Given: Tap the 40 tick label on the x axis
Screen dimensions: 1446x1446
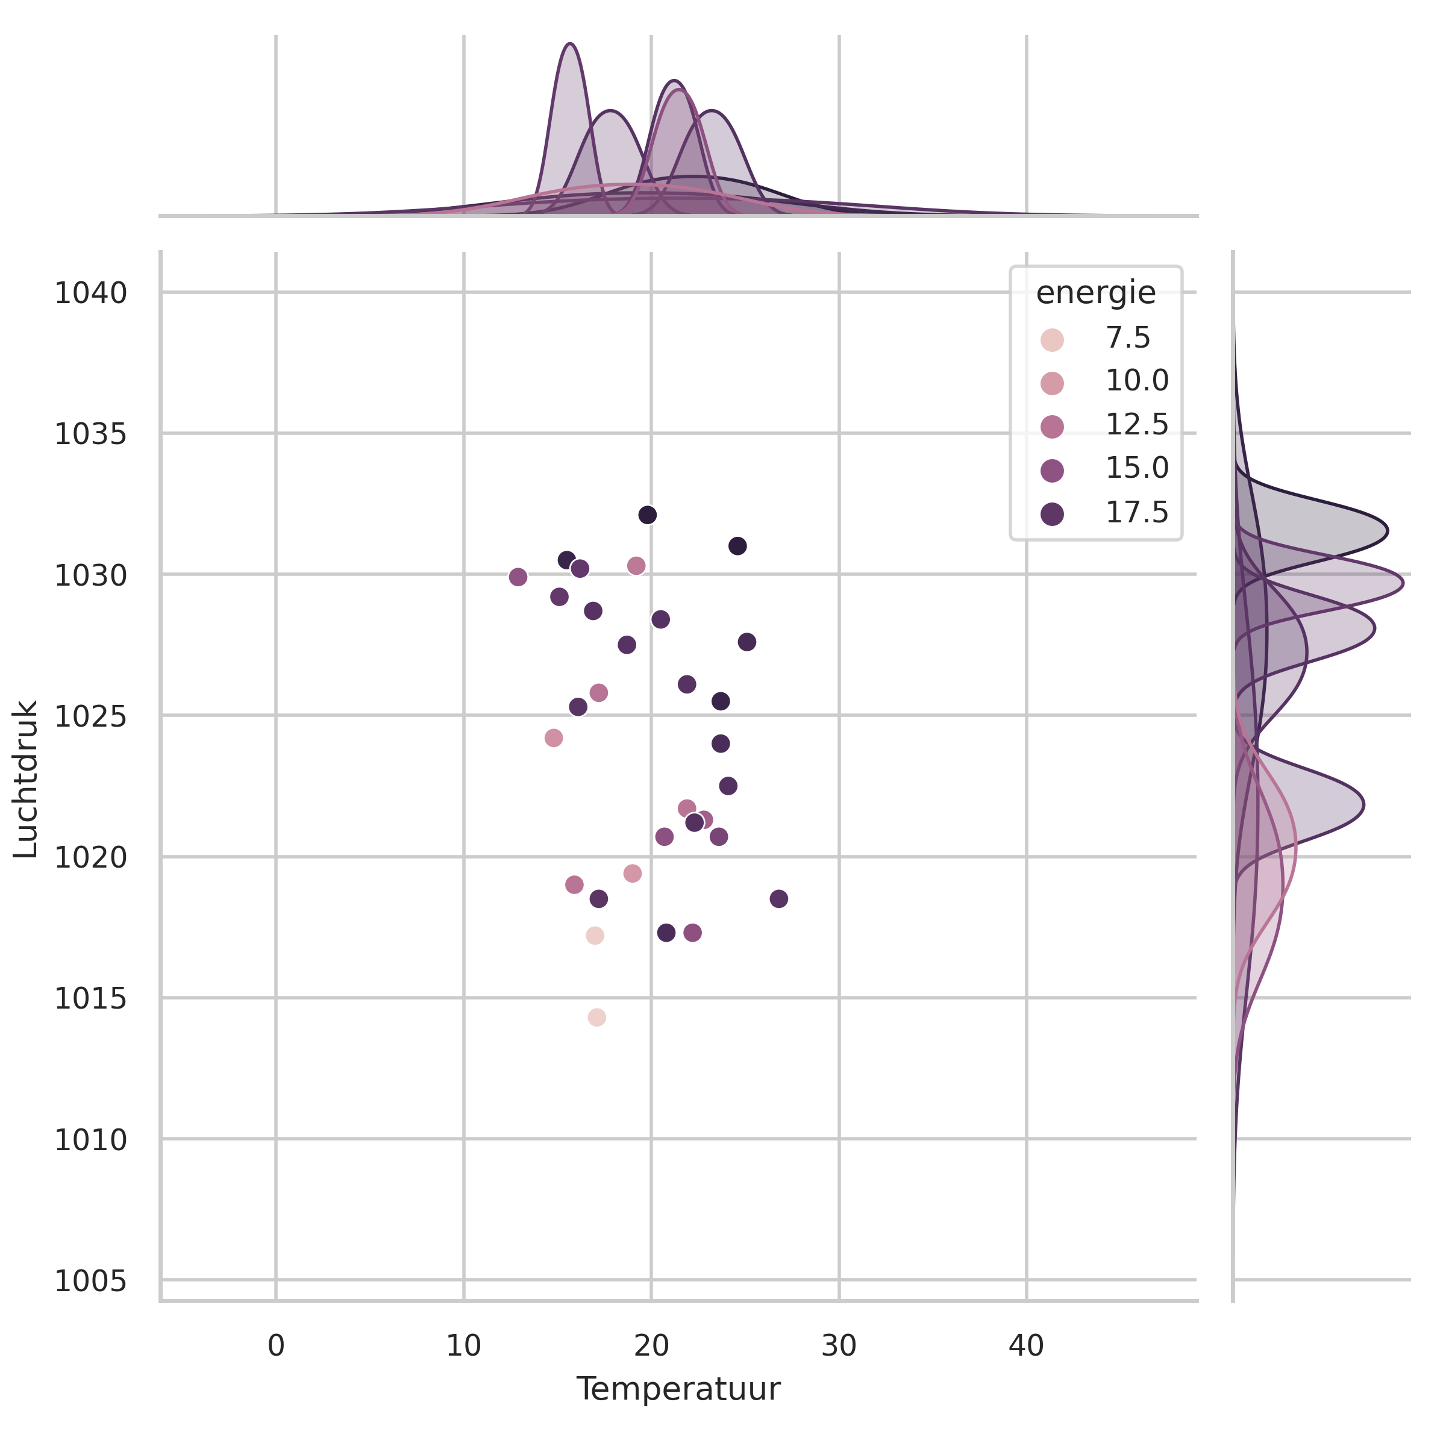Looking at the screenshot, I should tap(1025, 1347).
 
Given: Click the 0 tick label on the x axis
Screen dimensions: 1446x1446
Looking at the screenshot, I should tap(275, 1347).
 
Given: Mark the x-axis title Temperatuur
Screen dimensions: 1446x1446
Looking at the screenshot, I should tap(678, 1390).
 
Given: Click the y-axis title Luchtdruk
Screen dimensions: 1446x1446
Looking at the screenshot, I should tap(26, 779).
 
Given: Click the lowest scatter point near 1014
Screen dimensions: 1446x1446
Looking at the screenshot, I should tap(596, 1017).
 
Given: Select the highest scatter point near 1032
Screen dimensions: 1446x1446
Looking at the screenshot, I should tap(648, 515).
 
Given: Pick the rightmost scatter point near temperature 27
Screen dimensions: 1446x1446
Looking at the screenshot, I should tap(778, 899).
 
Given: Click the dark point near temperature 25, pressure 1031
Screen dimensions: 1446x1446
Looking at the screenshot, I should tap(737, 546).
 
